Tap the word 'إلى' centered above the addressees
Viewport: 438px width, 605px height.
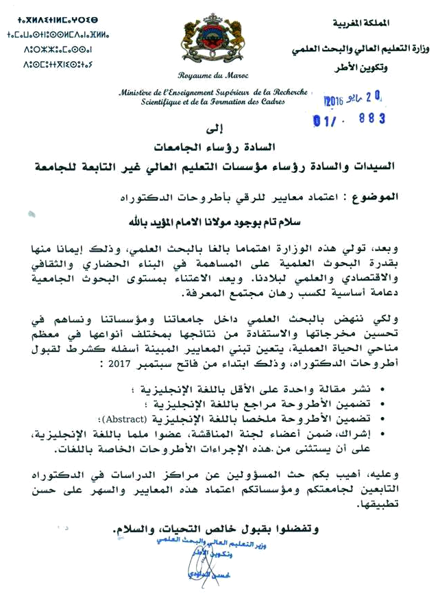(x=213, y=128)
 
